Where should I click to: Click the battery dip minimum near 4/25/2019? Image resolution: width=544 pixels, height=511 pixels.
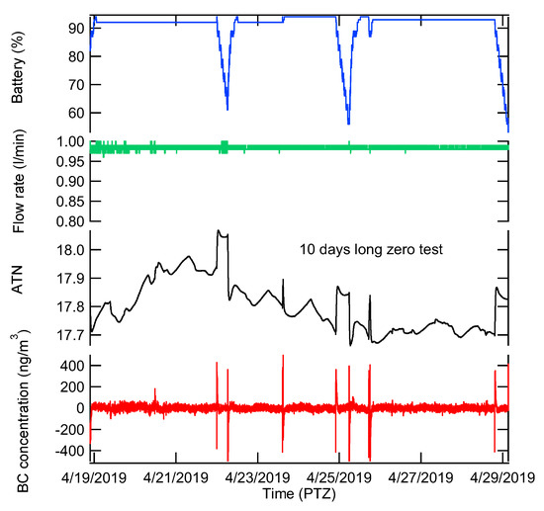pos(349,124)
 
